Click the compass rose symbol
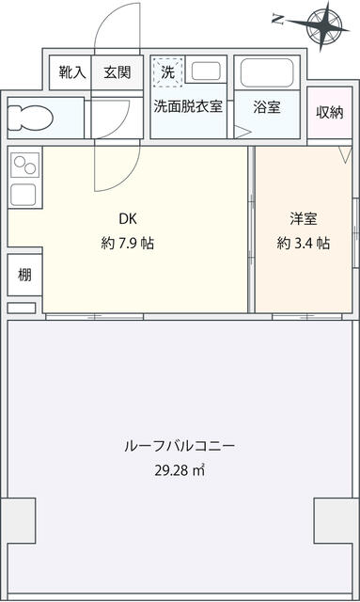tap(324, 25)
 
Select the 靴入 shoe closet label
tap(72, 72)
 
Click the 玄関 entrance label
tap(117, 72)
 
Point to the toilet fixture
tap(30, 118)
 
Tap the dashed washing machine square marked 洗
tap(167, 71)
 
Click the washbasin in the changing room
tap(206, 71)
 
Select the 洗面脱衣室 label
tap(188, 106)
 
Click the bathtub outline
tap(267, 73)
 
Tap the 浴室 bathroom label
tap(267, 106)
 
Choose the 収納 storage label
tap(330, 112)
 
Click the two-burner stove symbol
tap(25, 165)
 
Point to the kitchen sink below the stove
tap(23, 195)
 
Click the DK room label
tap(128, 219)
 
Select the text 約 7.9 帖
tap(128, 243)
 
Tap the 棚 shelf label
tap(24, 275)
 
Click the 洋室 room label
tap(304, 219)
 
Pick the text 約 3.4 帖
tap(304, 243)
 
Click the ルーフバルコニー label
tap(180, 446)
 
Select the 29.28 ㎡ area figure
tap(180, 470)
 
